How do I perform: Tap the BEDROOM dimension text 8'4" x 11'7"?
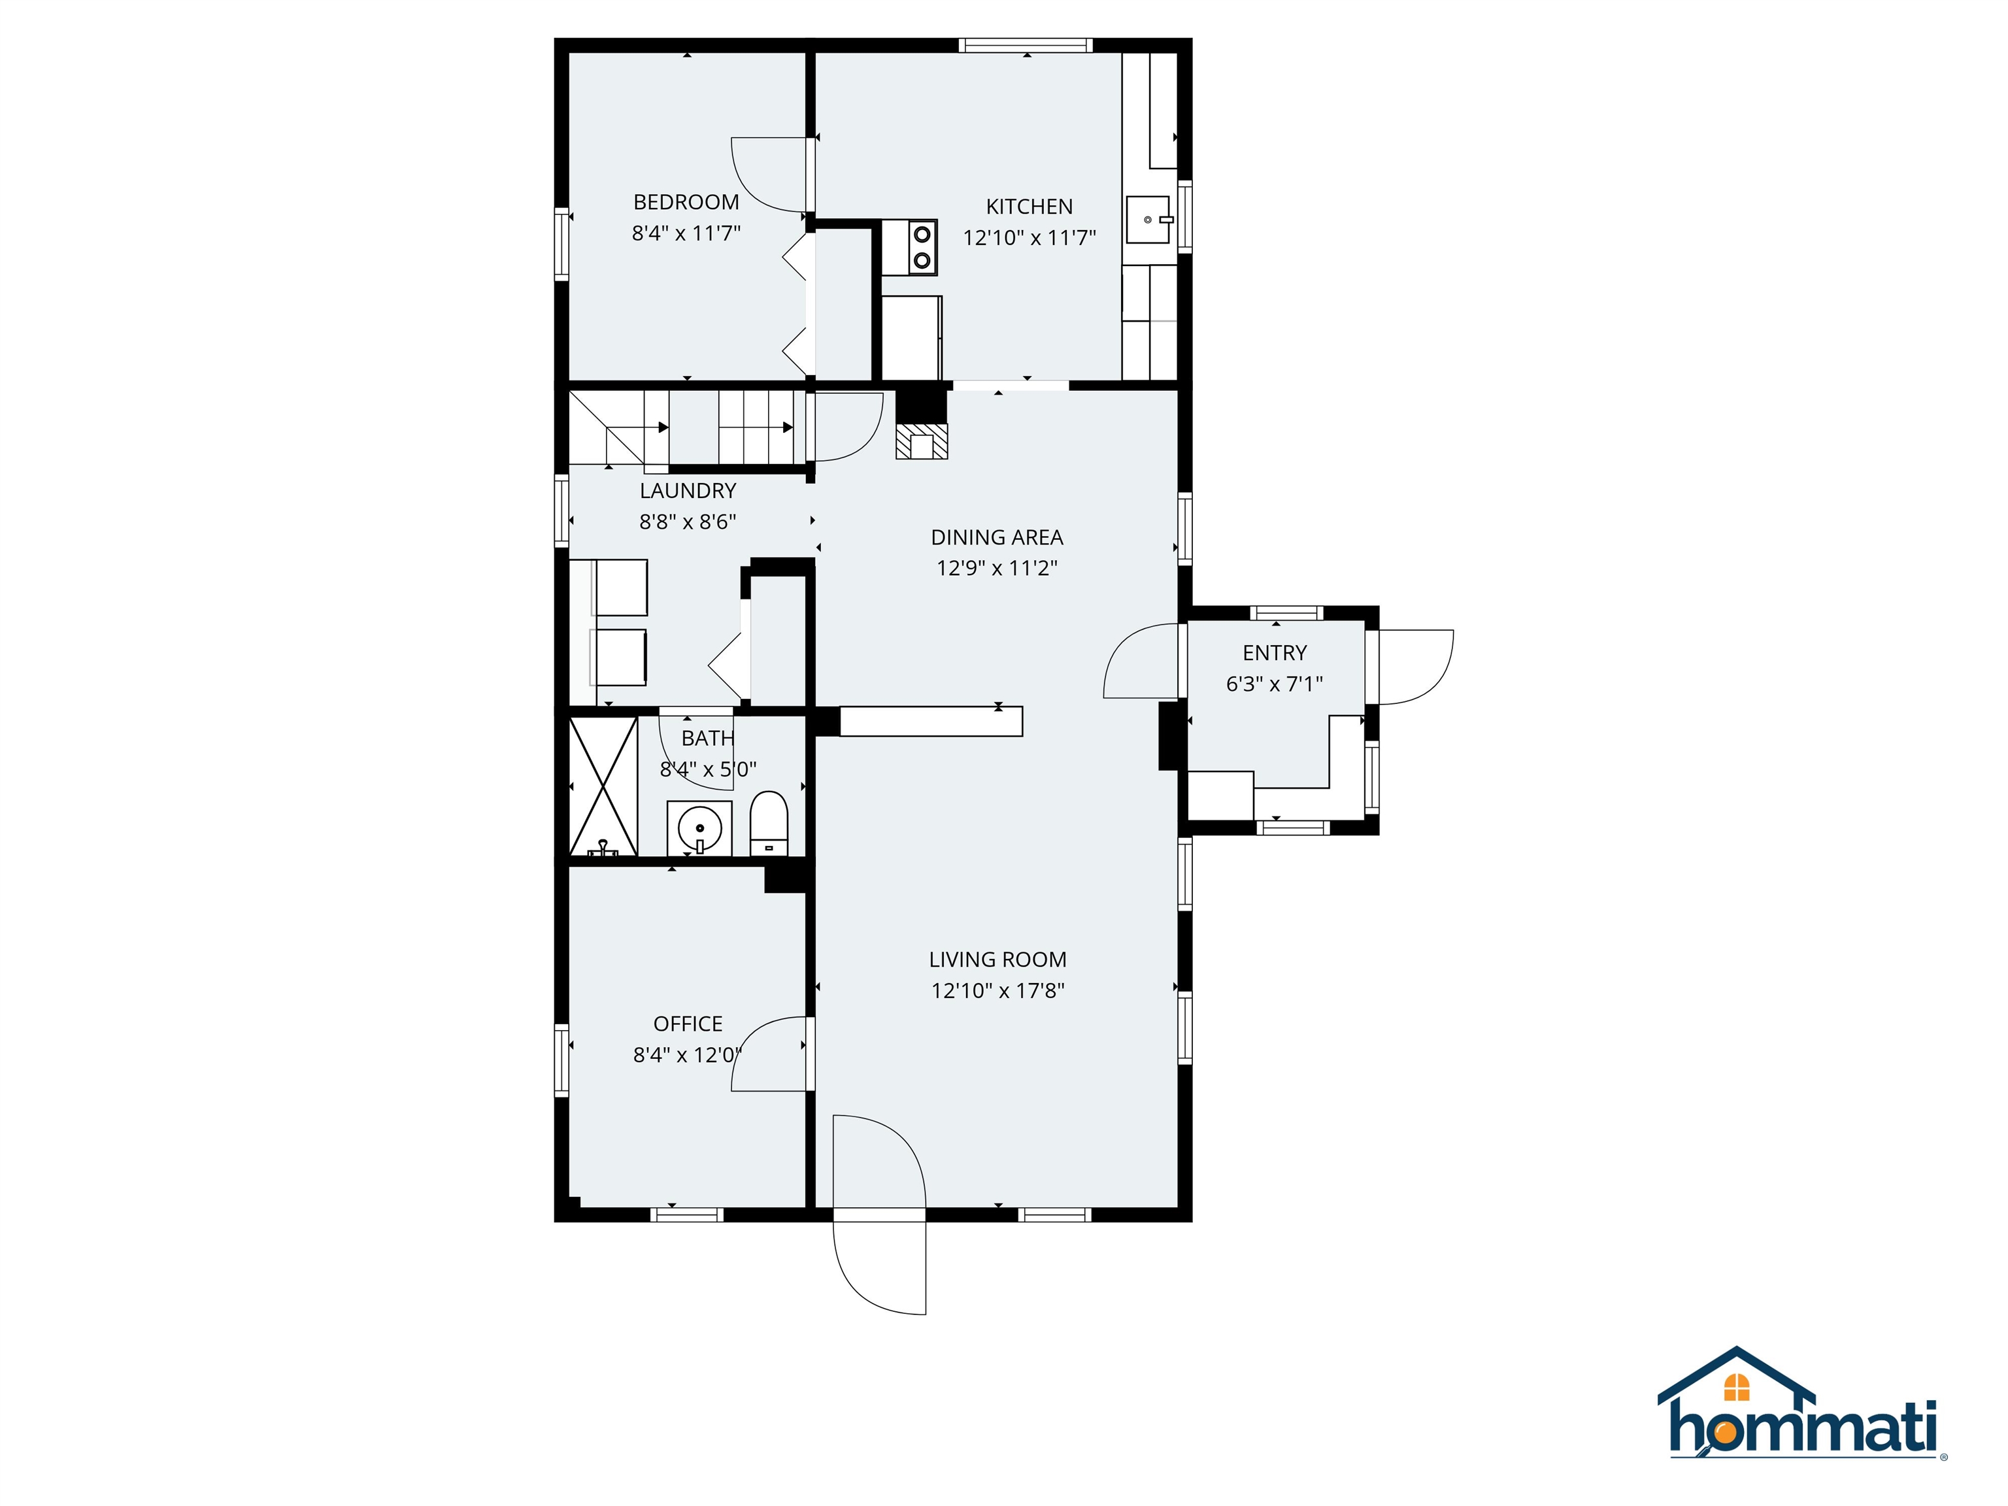coord(686,233)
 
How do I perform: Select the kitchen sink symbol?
coord(1149,220)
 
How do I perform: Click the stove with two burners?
coord(922,248)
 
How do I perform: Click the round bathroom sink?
coord(699,828)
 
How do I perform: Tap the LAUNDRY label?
coord(687,491)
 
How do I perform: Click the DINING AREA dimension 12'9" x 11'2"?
coord(997,568)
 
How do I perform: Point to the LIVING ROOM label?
coord(997,960)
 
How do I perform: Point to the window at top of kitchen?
coord(1025,44)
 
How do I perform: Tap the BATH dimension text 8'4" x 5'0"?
coord(707,770)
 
